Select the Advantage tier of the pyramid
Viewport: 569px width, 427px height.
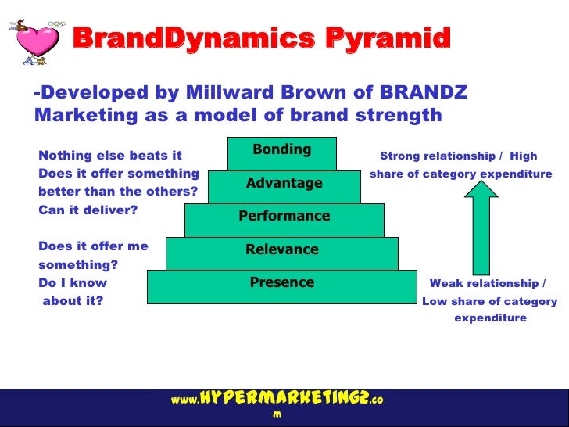click(284, 183)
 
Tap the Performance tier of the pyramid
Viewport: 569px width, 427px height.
click(284, 217)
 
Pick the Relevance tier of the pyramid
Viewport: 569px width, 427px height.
click(281, 250)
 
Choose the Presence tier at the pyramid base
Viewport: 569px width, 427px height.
click(281, 283)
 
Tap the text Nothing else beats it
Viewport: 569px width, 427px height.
click(109, 156)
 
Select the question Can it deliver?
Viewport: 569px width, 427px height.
click(88, 210)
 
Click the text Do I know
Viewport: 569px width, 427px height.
click(73, 283)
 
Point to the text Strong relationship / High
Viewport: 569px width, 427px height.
click(458, 156)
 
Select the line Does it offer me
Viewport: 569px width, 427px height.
click(93, 246)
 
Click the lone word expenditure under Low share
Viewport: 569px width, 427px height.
click(490, 318)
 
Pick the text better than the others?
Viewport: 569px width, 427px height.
click(117, 192)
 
